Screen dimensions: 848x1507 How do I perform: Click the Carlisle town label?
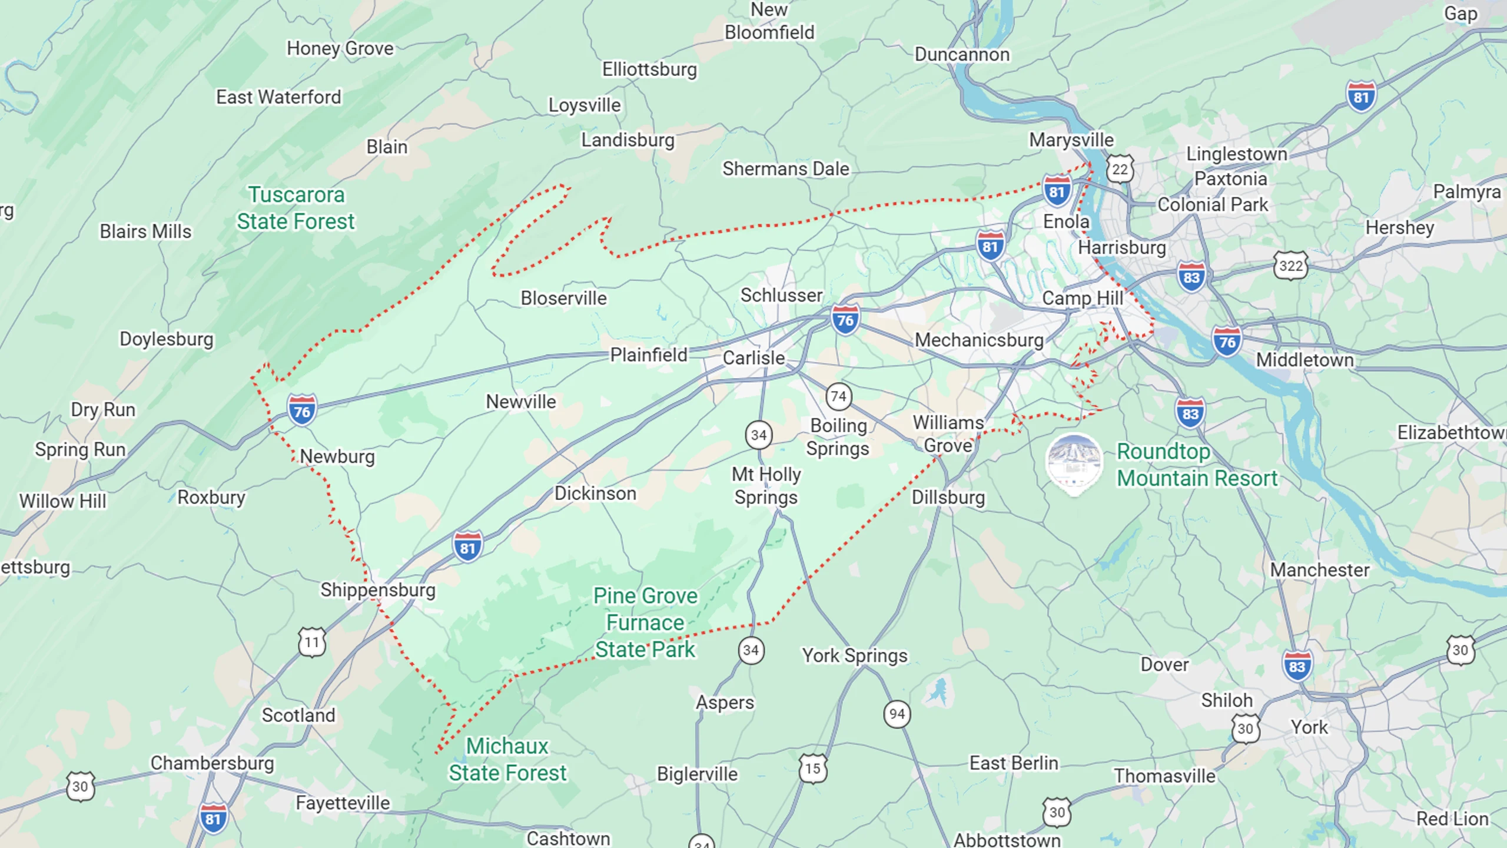tap(753, 358)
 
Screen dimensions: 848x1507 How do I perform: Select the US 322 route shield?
tap(1290, 266)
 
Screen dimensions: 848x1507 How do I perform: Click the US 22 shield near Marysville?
tap(1119, 170)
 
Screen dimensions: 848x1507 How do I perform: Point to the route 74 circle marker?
tap(838, 397)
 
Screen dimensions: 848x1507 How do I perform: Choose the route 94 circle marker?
tap(897, 714)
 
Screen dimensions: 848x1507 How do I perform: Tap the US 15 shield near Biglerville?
tap(813, 768)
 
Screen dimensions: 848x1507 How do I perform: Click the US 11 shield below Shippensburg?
tap(312, 642)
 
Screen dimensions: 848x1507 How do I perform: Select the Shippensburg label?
tap(377, 590)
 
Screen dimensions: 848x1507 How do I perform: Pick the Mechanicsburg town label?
tap(979, 340)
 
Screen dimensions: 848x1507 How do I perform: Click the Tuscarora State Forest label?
tap(296, 208)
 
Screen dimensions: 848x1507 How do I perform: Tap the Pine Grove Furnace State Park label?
tap(645, 622)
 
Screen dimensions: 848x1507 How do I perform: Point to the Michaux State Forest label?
tap(507, 759)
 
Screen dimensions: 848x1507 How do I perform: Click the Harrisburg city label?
tap(1121, 247)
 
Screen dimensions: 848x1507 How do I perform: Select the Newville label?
tap(520, 402)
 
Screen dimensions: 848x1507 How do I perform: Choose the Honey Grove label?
tap(340, 48)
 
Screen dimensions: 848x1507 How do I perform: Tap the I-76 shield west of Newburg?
tap(302, 410)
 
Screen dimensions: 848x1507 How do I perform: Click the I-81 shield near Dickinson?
tap(467, 547)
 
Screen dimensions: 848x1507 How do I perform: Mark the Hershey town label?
tap(1399, 227)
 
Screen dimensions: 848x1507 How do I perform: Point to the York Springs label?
tap(855, 655)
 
